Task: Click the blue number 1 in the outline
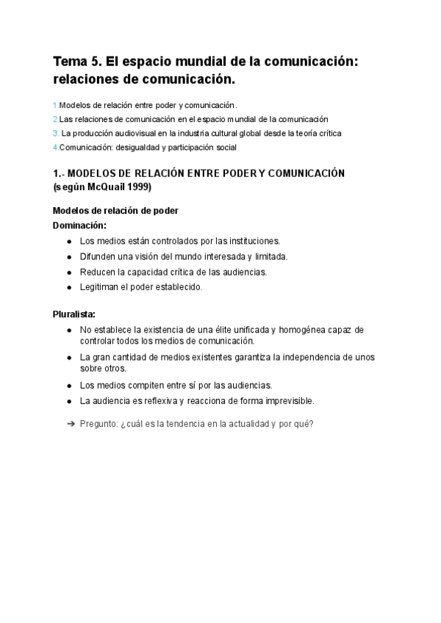(x=55, y=105)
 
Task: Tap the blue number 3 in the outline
(x=56, y=133)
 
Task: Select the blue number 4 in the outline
(x=56, y=147)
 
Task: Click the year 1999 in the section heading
(x=138, y=187)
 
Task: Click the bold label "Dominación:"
(x=79, y=225)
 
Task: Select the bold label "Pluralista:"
(x=74, y=314)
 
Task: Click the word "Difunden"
(x=98, y=256)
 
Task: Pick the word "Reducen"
(x=98, y=272)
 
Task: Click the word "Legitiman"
(x=100, y=287)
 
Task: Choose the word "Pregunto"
(x=98, y=424)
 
